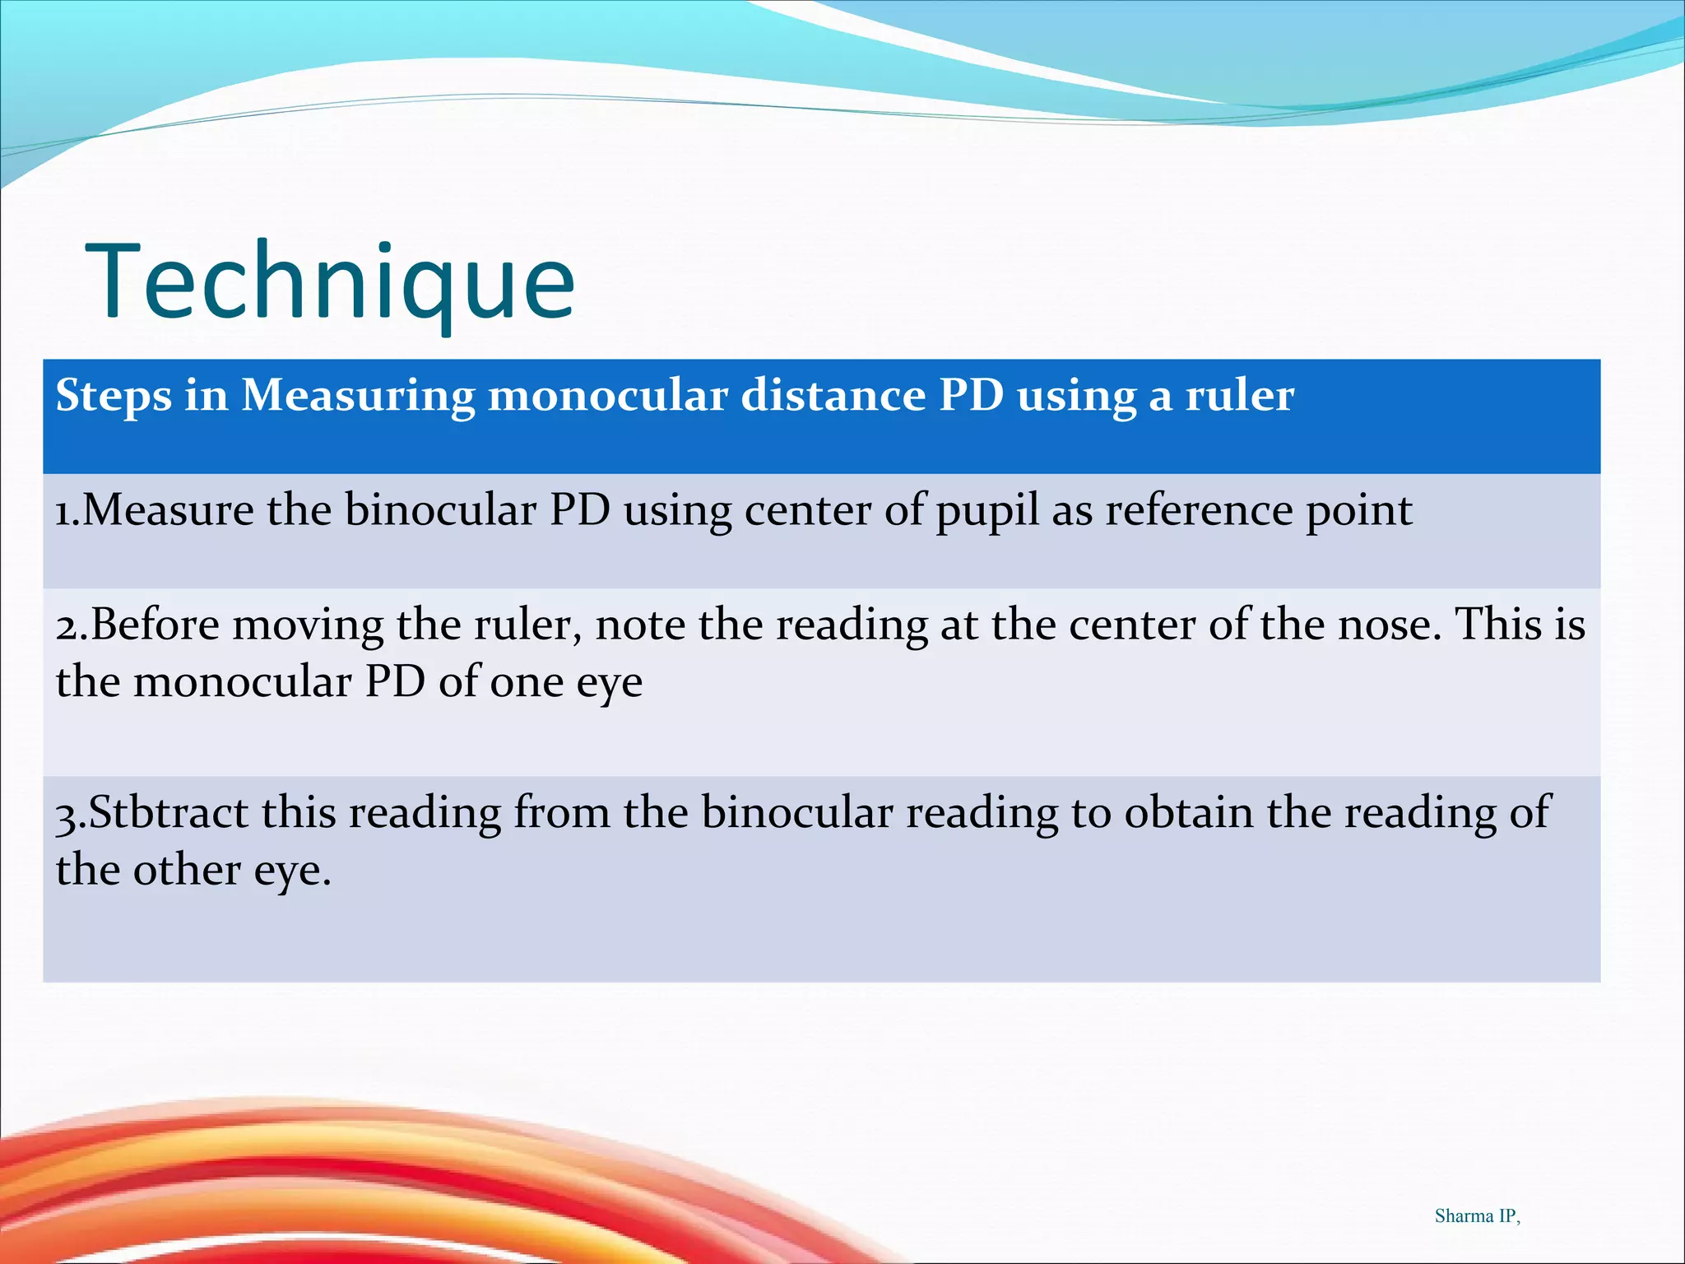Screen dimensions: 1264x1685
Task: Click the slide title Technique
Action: point(330,281)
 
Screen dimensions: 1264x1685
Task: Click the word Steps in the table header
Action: point(114,397)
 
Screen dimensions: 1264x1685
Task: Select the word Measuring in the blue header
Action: point(358,397)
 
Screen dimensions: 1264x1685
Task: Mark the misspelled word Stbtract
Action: point(168,812)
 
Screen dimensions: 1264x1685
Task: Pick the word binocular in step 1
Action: point(440,510)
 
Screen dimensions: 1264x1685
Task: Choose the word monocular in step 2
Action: point(242,682)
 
